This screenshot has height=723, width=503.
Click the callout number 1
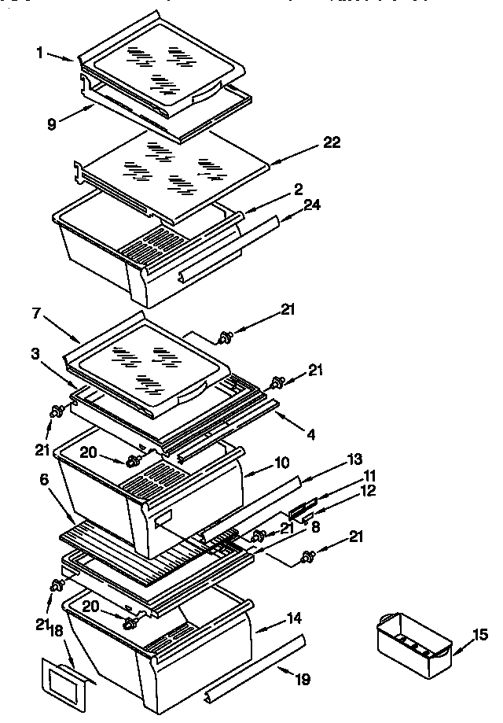[x=39, y=53]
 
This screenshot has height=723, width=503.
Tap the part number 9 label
[x=52, y=124]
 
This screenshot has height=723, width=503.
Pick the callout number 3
[x=37, y=356]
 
